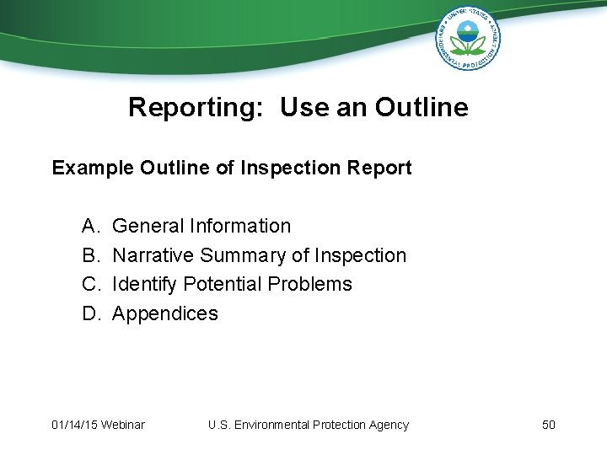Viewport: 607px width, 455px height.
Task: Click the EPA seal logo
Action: coord(468,38)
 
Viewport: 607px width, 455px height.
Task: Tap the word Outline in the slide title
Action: coord(422,108)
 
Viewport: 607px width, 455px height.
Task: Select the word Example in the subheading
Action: coord(92,168)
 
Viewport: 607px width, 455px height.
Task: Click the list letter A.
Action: coord(89,226)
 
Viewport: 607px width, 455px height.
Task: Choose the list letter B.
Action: coord(89,255)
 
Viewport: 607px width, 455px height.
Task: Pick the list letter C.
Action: coord(89,284)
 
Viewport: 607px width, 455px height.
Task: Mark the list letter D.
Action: coord(89,313)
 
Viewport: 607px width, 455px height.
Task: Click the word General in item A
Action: coord(148,226)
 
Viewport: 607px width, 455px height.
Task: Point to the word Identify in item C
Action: coord(144,284)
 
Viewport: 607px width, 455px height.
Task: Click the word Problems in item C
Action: coord(309,284)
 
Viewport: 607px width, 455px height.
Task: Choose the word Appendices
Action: coord(165,313)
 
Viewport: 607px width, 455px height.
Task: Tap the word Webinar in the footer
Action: coord(122,425)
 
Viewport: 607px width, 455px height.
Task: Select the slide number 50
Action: coord(548,425)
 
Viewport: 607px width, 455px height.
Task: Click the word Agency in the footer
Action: coord(389,425)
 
